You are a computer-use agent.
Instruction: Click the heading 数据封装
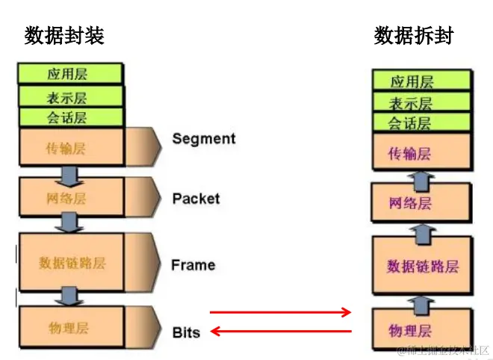(64, 35)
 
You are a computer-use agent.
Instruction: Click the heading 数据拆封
(414, 35)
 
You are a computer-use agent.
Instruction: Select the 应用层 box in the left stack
(69, 74)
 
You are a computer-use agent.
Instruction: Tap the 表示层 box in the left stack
(69, 97)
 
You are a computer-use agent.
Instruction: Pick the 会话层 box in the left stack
(69, 117)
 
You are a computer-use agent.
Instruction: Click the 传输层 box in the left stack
(69, 147)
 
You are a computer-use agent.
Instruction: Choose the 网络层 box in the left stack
(69, 198)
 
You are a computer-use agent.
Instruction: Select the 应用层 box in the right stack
(422, 81)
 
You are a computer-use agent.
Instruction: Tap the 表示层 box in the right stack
(422, 103)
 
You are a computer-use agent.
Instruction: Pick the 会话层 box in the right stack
(422, 123)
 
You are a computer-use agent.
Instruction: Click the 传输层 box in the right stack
(422, 154)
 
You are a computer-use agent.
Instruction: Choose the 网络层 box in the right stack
(422, 203)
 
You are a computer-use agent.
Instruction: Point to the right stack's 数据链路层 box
(422, 266)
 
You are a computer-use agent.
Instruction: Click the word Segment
(203, 138)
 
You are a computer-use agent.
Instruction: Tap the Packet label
(196, 198)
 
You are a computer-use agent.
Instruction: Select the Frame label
(193, 264)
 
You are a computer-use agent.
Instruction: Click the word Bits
(186, 332)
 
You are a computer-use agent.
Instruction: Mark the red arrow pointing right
(280, 312)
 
